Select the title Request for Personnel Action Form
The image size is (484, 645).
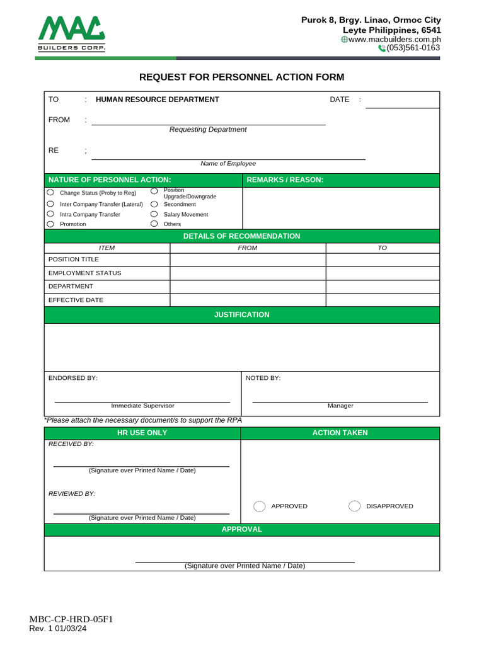click(241, 77)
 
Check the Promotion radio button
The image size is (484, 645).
click(50, 224)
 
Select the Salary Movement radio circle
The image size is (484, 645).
click(154, 214)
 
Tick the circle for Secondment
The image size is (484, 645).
click(154, 204)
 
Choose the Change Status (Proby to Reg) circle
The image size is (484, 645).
click(50, 193)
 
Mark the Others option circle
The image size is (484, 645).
click(154, 224)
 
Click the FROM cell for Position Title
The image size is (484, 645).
click(248, 260)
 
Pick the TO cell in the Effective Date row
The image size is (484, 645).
click(383, 300)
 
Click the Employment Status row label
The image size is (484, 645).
click(84, 273)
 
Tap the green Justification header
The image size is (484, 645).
click(241, 314)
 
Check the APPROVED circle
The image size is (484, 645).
click(260, 506)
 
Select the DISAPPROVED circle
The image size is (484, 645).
click(355, 506)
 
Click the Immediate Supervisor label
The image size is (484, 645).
click(142, 406)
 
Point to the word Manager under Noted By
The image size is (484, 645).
click(340, 406)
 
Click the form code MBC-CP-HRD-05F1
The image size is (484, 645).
click(71, 619)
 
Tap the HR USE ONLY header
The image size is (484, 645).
click(142, 433)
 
